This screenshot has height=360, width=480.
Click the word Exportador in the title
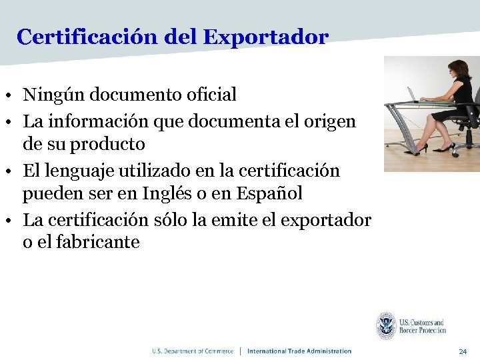click(x=265, y=37)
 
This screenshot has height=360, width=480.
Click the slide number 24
click(x=463, y=351)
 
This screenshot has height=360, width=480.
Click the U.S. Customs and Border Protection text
click(x=422, y=327)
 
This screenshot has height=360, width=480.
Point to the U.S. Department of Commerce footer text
click(x=193, y=351)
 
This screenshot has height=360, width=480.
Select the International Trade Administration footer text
click(x=299, y=351)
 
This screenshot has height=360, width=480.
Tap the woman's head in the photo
click(x=459, y=68)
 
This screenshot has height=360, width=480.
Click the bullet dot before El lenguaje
click(x=13, y=171)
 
